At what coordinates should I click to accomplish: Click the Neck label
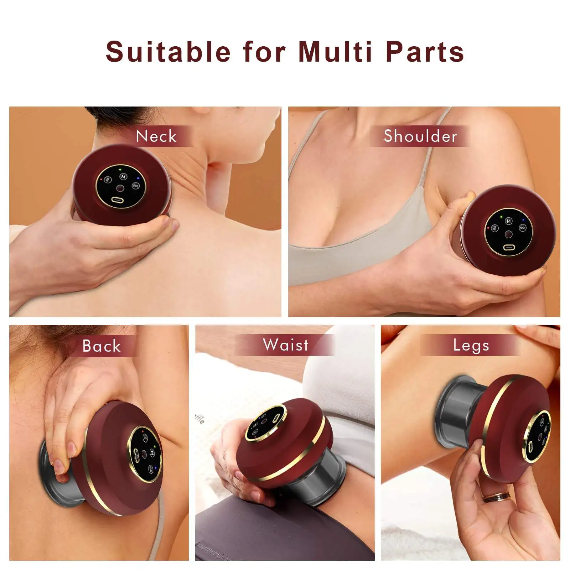pyautogui.click(x=156, y=136)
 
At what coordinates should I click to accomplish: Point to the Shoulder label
pyautogui.click(x=420, y=136)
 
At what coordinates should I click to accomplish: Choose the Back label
pyautogui.click(x=102, y=346)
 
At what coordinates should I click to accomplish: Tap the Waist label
pyautogui.click(x=286, y=345)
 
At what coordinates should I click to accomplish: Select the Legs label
pyautogui.click(x=471, y=345)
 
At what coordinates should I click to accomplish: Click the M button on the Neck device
pyautogui.click(x=123, y=176)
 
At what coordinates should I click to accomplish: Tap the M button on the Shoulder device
pyautogui.click(x=508, y=221)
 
